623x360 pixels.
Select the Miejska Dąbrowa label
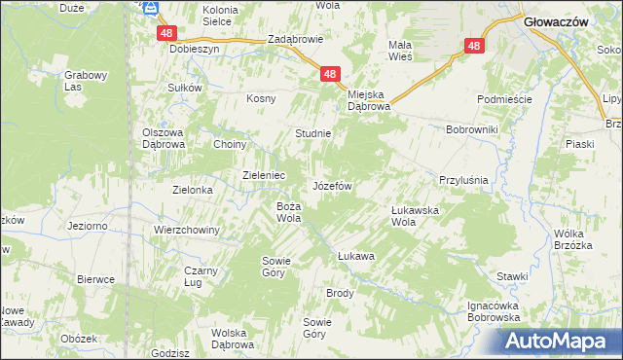(x=370, y=100)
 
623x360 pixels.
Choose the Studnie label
(x=314, y=133)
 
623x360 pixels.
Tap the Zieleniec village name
(x=263, y=175)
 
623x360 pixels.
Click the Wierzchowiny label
(x=187, y=230)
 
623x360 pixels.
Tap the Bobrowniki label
(x=471, y=128)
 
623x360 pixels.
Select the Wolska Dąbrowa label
(x=233, y=339)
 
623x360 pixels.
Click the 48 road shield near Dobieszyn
(x=165, y=32)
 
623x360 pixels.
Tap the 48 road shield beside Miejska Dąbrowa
(x=331, y=74)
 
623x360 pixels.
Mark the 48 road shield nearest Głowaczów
(x=474, y=46)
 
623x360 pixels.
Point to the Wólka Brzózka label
(x=573, y=239)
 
